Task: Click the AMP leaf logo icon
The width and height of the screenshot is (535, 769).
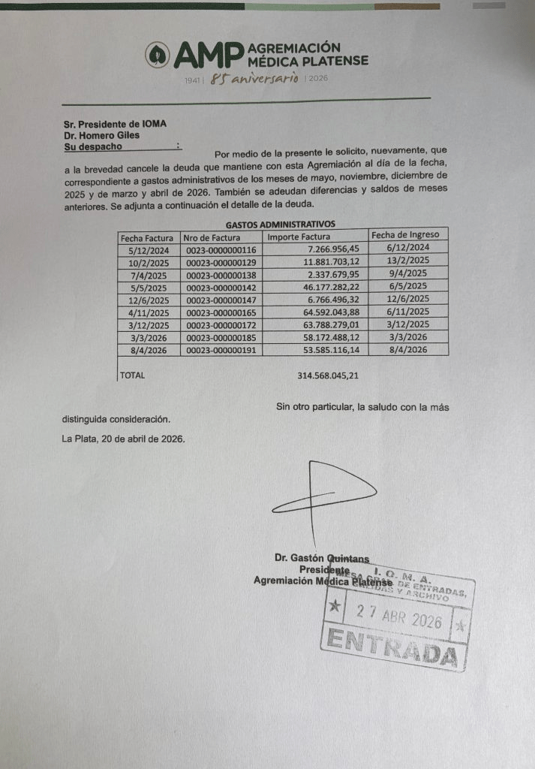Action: coord(157,53)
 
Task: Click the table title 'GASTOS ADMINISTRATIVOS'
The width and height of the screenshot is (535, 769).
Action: coord(280,224)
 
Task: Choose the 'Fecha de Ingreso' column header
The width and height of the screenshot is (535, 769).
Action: coord(405,234)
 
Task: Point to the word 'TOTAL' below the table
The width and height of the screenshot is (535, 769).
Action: coord(133,375)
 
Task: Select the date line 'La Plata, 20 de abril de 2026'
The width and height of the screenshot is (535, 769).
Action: coord(123,439)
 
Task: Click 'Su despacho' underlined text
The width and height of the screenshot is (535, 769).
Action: coord(93,147)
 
